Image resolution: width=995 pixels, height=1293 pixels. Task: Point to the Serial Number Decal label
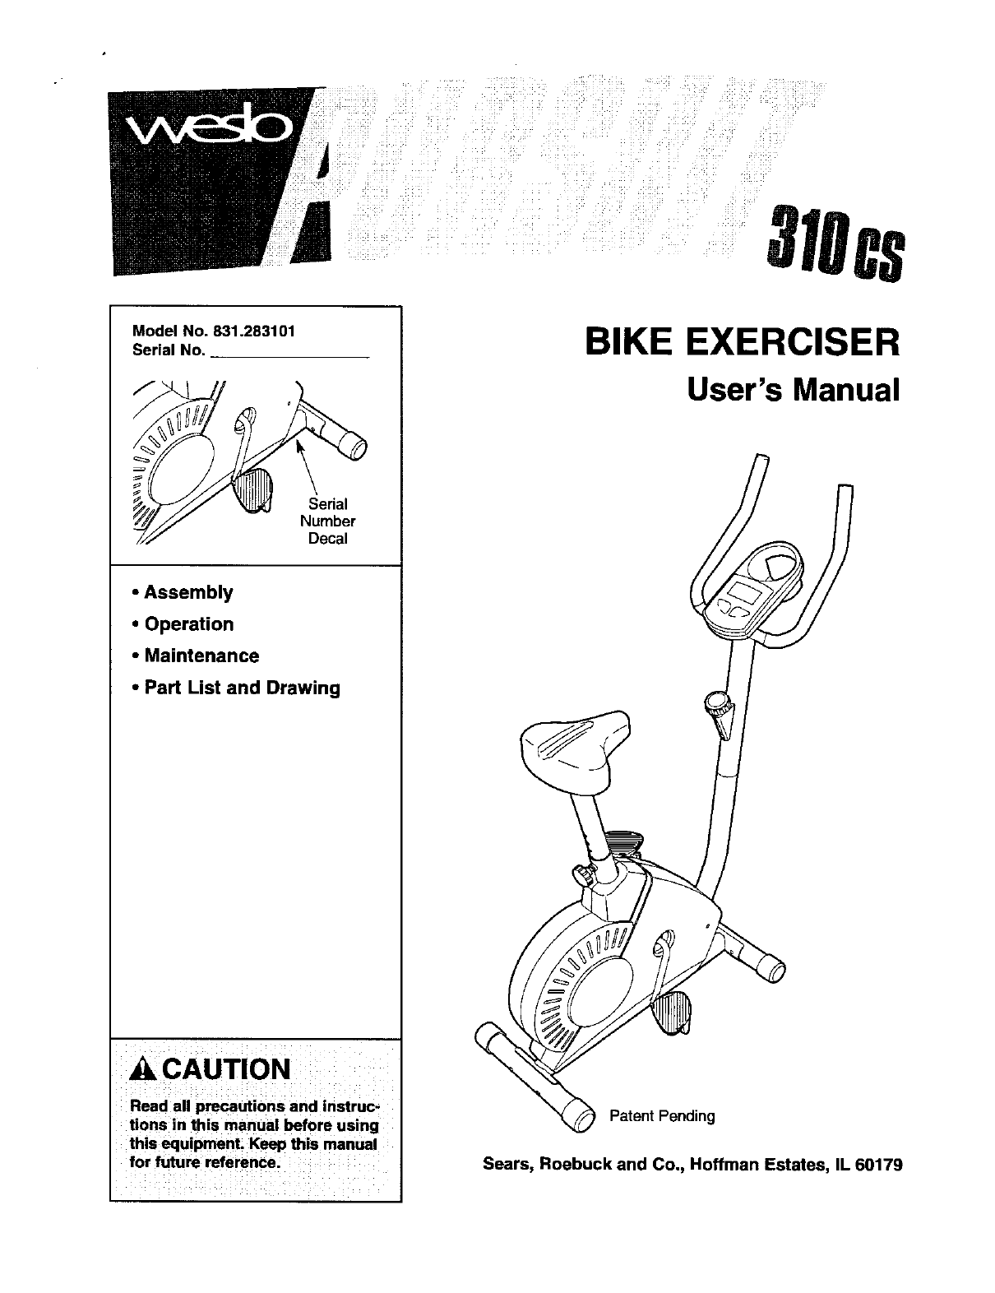point(327,521)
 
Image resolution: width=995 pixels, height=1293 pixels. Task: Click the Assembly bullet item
point(188,592)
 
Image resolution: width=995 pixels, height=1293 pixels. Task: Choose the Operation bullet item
point(188,624)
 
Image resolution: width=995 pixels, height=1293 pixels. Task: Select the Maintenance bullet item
point(201,656)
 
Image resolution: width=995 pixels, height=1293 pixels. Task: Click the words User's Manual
point(793,390)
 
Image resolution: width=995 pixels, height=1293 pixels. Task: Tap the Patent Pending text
point(662,1116)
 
